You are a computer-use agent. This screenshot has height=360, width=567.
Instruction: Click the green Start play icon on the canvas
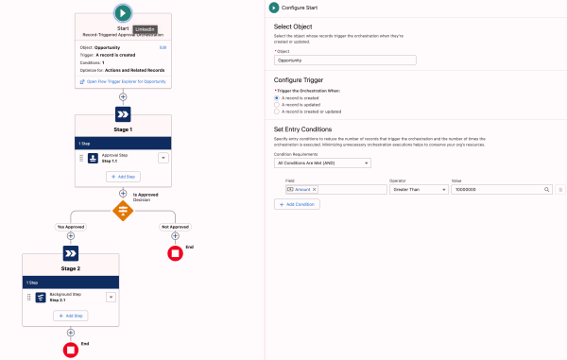(x=122, y=13)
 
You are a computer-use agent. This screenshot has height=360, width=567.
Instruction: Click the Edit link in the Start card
(x=163, y=46)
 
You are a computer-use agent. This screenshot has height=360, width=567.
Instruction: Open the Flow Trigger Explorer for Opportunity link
(x=125, y=82)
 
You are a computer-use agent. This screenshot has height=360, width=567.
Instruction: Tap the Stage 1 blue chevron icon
(x=123, y=112)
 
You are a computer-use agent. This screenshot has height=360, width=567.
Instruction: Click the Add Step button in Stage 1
(x=123, y=177)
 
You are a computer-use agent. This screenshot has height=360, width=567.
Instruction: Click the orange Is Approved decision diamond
(x=123, y=212)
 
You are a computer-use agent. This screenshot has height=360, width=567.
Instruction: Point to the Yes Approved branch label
(x=73, y=228)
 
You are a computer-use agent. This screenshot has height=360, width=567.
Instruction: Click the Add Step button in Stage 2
(x=72, y=316)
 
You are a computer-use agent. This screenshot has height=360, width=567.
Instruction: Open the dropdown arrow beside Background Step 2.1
(x=112, y=297)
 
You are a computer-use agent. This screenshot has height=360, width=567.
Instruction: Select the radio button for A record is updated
(x=277, y=104)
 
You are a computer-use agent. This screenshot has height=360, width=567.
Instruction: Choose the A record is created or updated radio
(x=277, y=111)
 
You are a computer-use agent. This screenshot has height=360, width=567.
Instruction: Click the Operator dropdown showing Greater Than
(x=416, y=190)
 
